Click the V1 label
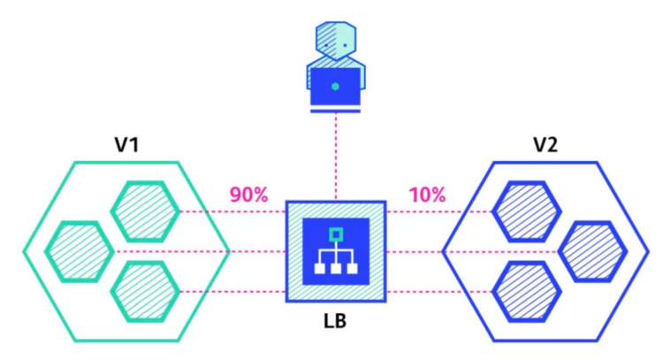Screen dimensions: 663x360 point(126,145)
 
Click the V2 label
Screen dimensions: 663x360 point(545,145)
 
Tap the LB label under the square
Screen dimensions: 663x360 point(335,321)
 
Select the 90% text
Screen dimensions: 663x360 point(248,195)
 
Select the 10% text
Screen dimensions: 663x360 point(427,195)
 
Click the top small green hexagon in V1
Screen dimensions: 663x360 point(145,211)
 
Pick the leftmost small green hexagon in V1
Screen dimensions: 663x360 point(80,251)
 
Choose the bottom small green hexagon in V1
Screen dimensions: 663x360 point(145,292)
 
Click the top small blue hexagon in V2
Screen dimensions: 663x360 point(527,211)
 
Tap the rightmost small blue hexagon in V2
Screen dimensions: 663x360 point(593,251)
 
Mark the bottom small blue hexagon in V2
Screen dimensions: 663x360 point(527,292)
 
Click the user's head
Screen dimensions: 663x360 point(336,41)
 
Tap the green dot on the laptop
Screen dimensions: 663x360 point(335,87)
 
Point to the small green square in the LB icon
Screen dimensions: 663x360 point(336,234)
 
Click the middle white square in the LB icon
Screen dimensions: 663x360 point(336,268)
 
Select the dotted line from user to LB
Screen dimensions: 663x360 point(336,157)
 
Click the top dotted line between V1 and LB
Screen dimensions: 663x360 point(233,211)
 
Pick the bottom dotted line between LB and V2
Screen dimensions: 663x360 point(439,292)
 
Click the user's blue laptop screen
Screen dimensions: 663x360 point(335,87)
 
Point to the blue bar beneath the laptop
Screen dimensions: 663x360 point(335,111)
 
